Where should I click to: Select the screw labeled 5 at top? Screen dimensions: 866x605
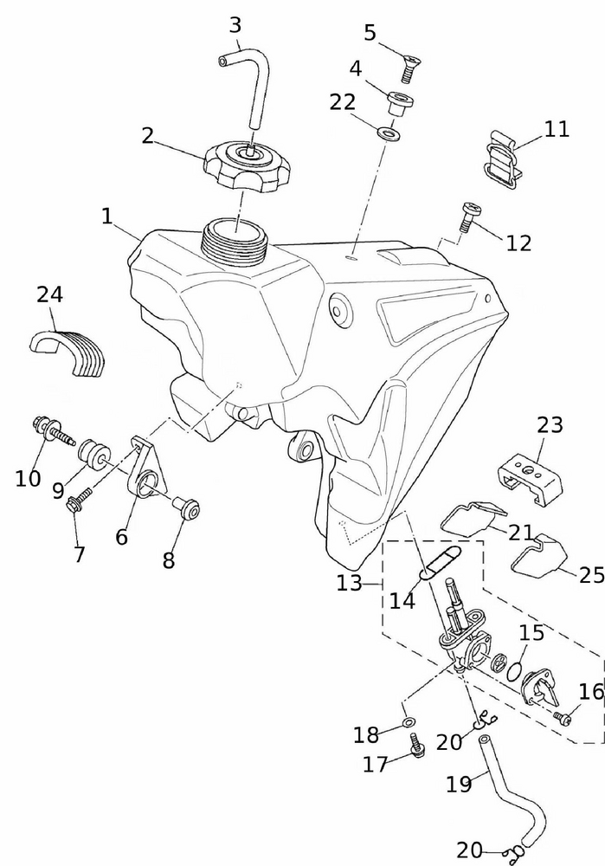[409, 66]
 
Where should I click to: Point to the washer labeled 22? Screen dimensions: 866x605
[388, 134]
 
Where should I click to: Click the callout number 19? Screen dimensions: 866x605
[459, 784]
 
